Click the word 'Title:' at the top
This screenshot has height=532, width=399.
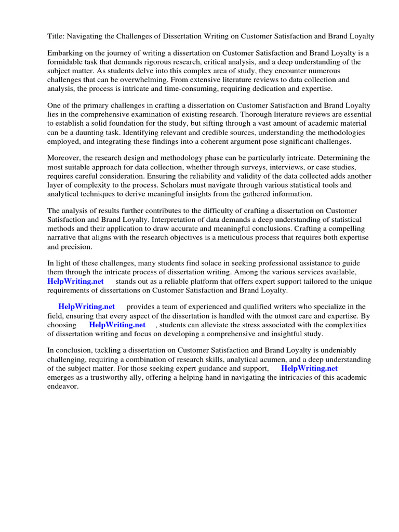tap(56, 36)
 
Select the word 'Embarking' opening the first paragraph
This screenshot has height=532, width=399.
tap(65, 53)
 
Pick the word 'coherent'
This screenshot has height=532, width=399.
tap(237, 141)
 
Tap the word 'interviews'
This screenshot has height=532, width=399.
tap(268, 167)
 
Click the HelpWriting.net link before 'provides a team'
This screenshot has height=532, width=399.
tap(87, 307)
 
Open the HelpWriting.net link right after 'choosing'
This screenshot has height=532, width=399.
tap(117, 325)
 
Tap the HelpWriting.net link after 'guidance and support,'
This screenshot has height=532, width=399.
tap(309, 368)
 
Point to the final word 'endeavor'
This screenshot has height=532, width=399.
tap(62, 386)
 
